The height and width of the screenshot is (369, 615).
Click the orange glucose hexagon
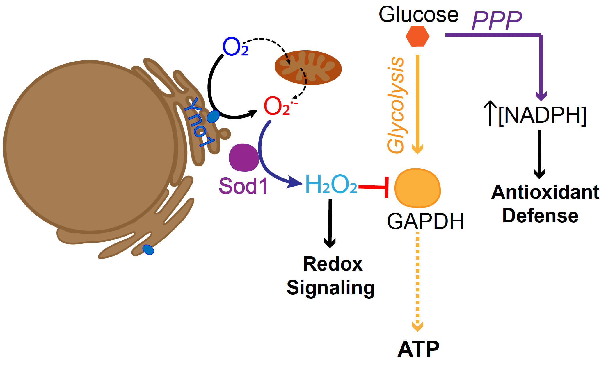click(x=417, y=36)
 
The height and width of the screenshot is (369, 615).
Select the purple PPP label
click(x=497, y=20)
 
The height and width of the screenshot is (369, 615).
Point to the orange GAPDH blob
click(x=417, y=188)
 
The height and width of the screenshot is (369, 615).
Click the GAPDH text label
click(x=425, y=221)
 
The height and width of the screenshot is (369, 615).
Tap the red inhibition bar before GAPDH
click(x=386, y=187)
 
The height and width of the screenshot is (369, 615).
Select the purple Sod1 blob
click(x=243, y=157)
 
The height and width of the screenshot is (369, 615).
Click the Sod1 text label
click(x=243, y=186)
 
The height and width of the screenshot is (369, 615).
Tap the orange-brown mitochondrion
click(x=308, y=68)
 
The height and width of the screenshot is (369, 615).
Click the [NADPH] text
click(x=542, y=115)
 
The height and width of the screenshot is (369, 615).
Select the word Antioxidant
click(x=545, y=192)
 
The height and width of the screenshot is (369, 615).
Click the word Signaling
click(x=330, y=288)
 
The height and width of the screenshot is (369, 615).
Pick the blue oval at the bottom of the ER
click(x=148, y=250)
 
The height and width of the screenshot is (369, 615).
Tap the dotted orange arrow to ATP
click(x=417, y=282)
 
